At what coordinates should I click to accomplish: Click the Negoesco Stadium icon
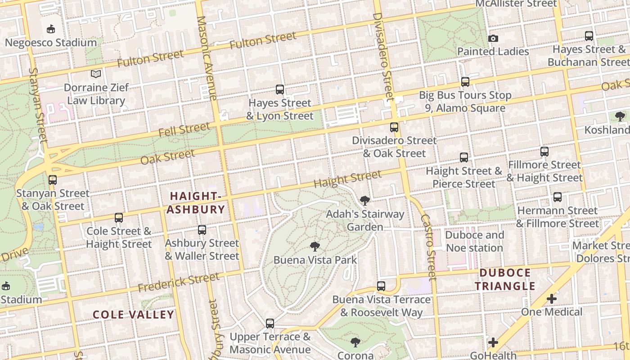(x=51, y=29)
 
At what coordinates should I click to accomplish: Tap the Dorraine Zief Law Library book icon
(x=96, y=74)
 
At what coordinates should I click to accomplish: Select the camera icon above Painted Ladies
(x=493, y=38)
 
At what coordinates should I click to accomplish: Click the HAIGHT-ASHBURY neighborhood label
(x=197, y=202)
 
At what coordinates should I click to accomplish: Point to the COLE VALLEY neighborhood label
(x=133, y=315)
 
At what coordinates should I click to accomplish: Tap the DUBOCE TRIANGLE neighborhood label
(x=505, y=279)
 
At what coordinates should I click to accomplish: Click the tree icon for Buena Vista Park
(x=315, y=246)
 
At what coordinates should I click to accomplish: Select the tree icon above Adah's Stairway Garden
(x=364, y=200)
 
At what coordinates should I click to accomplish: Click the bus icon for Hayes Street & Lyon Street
(x=280, y=90)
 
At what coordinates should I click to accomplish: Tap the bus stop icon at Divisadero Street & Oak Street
(x=394, y=127)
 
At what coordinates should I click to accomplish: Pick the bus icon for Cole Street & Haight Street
(x=119, y=218)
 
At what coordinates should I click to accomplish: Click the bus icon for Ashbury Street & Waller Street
(x=202, y=230)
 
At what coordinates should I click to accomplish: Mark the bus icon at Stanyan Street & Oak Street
(x=53, y=180)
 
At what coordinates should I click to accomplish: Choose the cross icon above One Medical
(x=552, y=298)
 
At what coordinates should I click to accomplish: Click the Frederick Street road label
(x=178, y=282)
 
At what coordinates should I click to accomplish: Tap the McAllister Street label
(x=516, y=4)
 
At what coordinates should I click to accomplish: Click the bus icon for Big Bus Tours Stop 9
(x=465, y=82)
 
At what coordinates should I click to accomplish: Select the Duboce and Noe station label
(x=474, y=241)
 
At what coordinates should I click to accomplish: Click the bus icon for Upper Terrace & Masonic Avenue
(x=270, y=323)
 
